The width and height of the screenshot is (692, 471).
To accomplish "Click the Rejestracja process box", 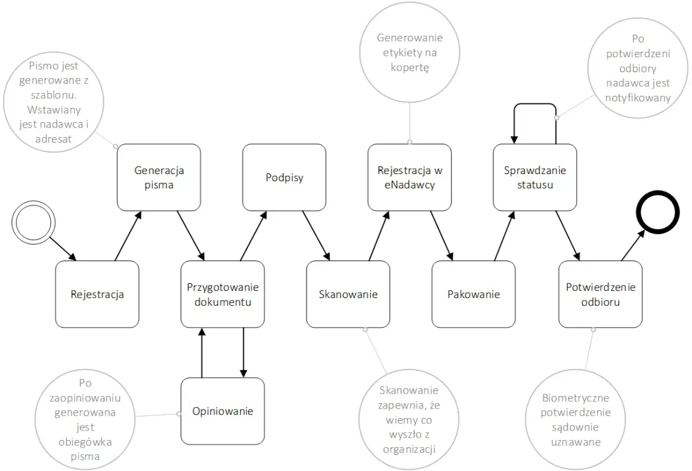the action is click(97, 294).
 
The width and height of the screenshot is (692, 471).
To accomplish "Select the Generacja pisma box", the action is click(159, 177).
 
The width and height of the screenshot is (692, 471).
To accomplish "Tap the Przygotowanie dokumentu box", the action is click(223, 294).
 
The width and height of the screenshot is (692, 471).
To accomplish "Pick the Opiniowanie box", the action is click(223, 411).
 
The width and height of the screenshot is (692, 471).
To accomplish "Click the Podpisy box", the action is click(284, 177).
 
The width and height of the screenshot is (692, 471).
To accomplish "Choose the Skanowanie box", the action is click(348, 294).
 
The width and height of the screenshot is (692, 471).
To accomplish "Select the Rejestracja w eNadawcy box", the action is click(410, 177).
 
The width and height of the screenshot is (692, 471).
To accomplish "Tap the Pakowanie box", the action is click(474, 294).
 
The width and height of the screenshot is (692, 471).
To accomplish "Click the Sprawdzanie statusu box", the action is click(535, 177).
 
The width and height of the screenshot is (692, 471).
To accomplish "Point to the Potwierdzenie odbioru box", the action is click(600, 294).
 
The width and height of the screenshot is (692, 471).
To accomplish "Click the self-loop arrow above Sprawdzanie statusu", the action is click(535, 104).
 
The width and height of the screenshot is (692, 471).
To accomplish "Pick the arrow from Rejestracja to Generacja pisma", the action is click(128, 236).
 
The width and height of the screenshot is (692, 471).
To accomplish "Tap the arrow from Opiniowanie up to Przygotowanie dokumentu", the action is click(202, 353).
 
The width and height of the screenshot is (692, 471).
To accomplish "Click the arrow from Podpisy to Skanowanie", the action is click(316, 236).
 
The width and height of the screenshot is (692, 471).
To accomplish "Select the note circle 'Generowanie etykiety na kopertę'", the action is click(410, 52).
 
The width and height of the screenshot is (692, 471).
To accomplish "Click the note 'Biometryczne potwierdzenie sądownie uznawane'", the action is click(576, 420).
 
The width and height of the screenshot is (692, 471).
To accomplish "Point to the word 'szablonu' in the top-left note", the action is click(54, 95).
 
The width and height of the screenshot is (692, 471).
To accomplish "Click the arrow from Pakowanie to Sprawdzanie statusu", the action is click(505, 236).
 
